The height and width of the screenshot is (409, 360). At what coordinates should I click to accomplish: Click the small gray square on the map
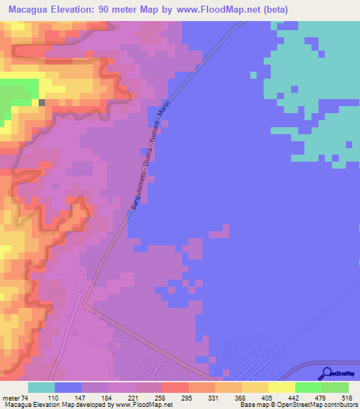(x=41, y=103)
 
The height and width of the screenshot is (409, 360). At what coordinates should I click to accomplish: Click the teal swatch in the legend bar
(x=41, y=387)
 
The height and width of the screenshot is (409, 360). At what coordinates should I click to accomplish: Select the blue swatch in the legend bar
(x=68, y=387)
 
